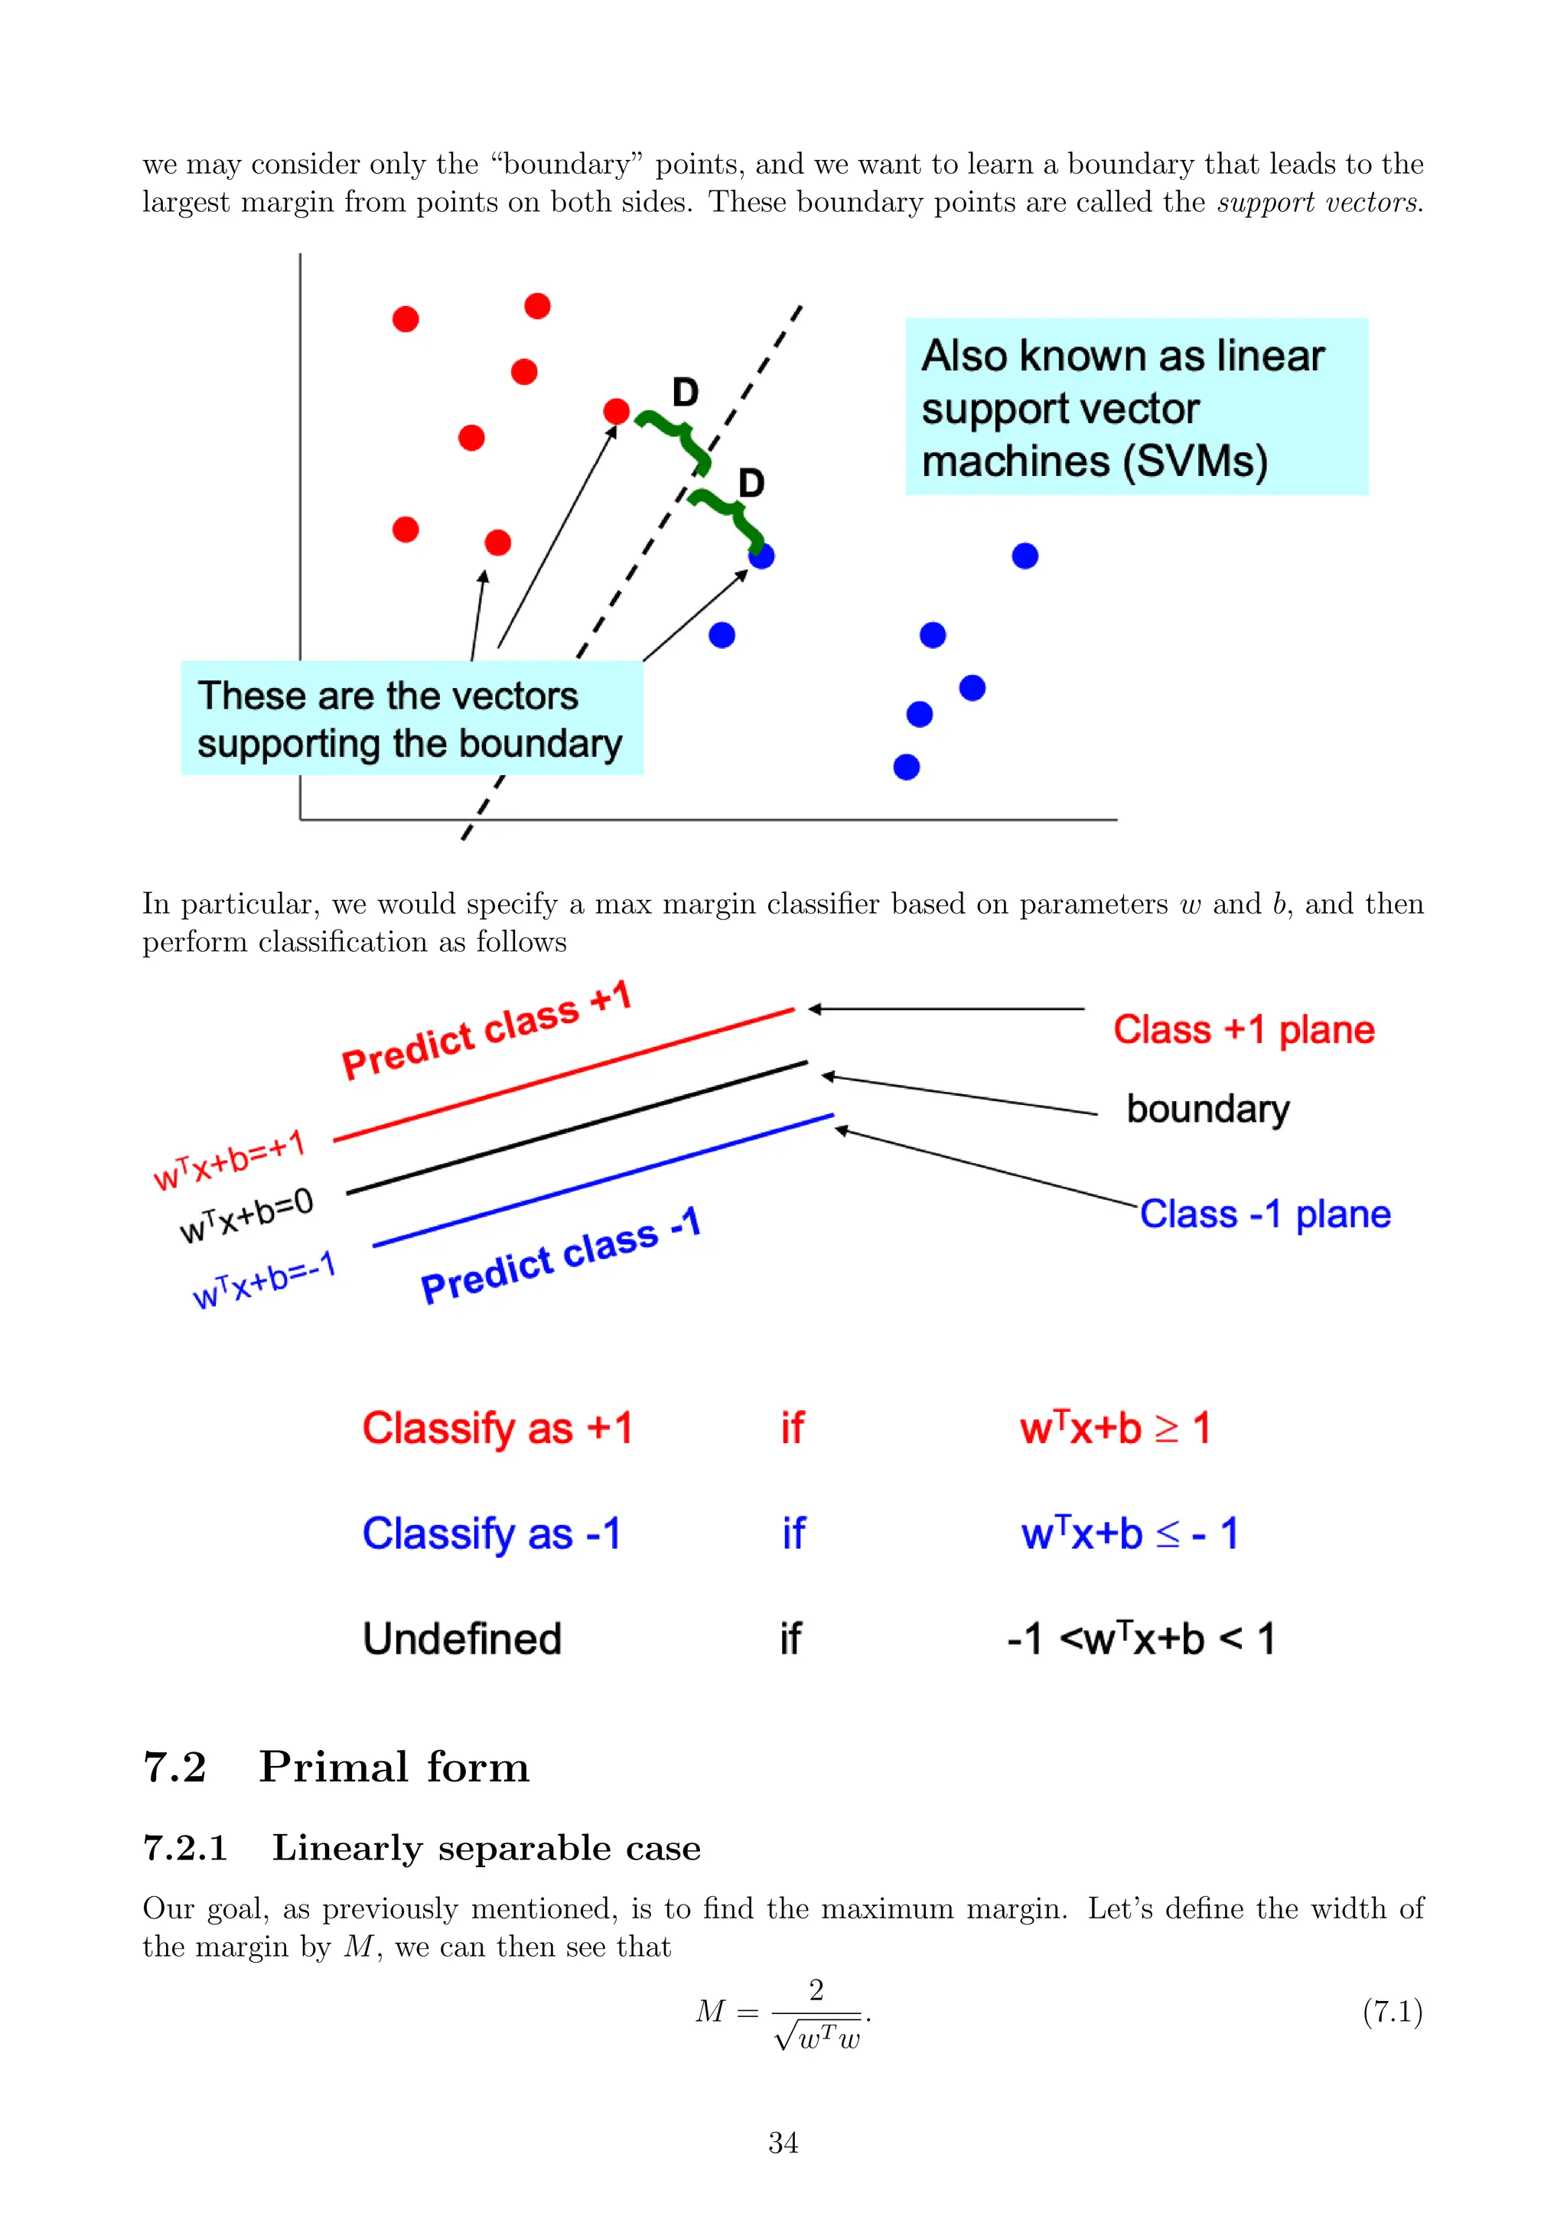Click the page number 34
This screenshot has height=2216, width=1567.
point(783,2143)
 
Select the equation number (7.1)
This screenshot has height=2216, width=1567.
point(1393,2012)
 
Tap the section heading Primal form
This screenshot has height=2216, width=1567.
point(394,1767)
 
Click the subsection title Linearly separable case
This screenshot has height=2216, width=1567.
point(487,1847)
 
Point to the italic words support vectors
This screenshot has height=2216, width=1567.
point(1319,203)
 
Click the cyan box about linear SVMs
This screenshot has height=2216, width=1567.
point(1135,406)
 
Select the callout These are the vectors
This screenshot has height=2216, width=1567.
point(411,718)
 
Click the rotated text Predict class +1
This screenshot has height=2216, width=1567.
point(487,1030)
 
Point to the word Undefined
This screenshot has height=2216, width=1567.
point(461,1639)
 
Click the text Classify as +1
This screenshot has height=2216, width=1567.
point(497,1429)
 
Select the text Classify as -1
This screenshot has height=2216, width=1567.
point(491,1533)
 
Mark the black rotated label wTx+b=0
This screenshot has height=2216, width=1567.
point(247,1216)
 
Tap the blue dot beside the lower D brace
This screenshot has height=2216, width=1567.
point(761,556)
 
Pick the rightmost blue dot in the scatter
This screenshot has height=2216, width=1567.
point(1025,556)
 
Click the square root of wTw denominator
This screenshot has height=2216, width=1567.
point(818,2036)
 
